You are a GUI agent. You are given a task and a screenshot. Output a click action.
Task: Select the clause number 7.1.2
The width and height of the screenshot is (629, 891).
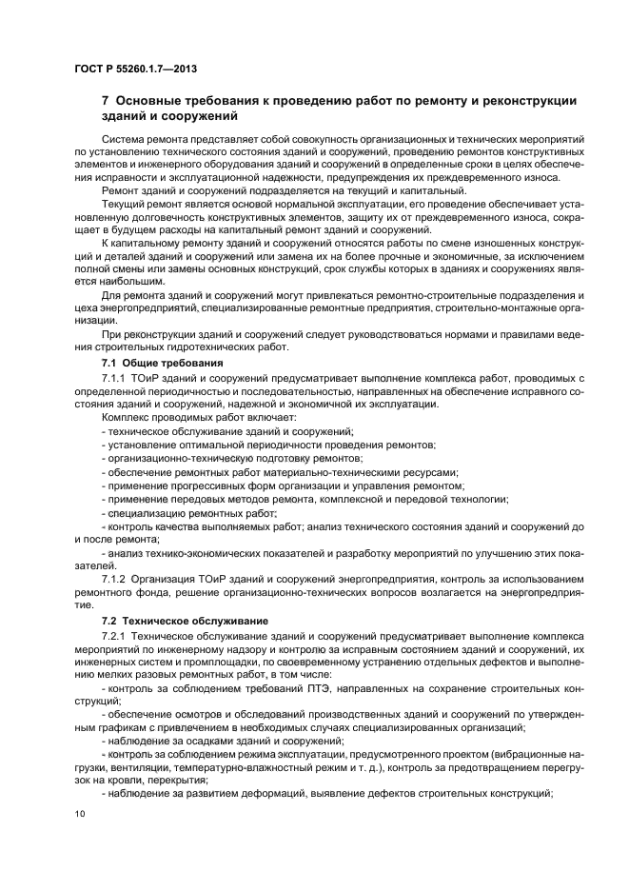(116, 577)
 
